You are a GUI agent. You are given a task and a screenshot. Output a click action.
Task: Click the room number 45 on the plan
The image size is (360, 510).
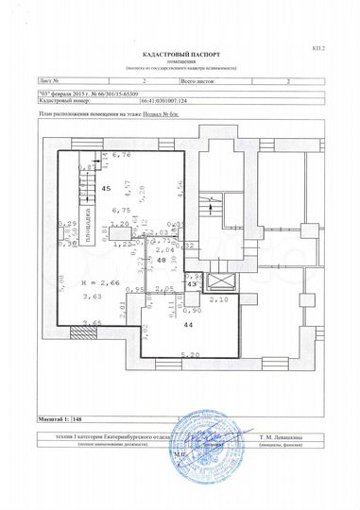[x=106, y=188]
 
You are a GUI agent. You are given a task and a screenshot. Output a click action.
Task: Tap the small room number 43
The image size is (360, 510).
[x=190, y=283]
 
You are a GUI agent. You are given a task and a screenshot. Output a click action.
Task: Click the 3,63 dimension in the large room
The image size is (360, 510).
[x=93, y=297]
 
